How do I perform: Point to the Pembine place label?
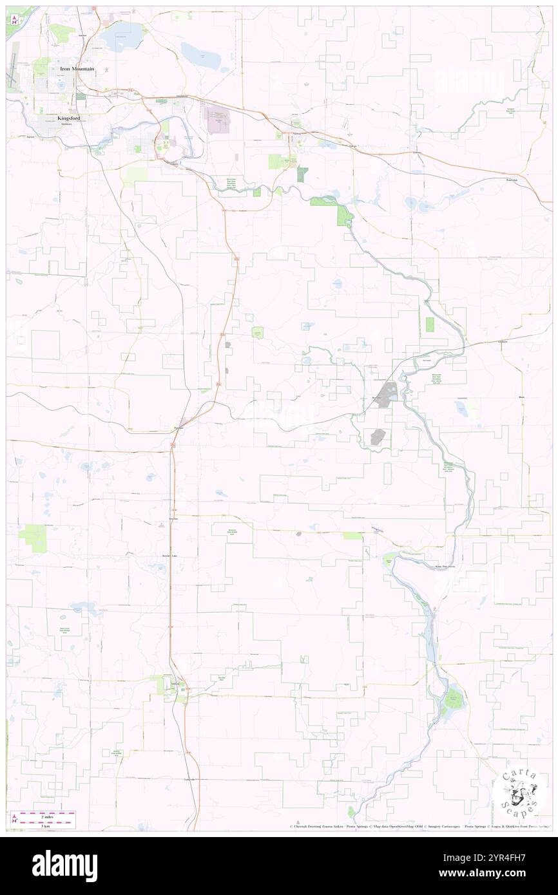click(180, 428)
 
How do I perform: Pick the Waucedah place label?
click(512, 180)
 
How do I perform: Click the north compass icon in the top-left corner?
click(14, 20)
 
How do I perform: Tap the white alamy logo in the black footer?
click(64, 865)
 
